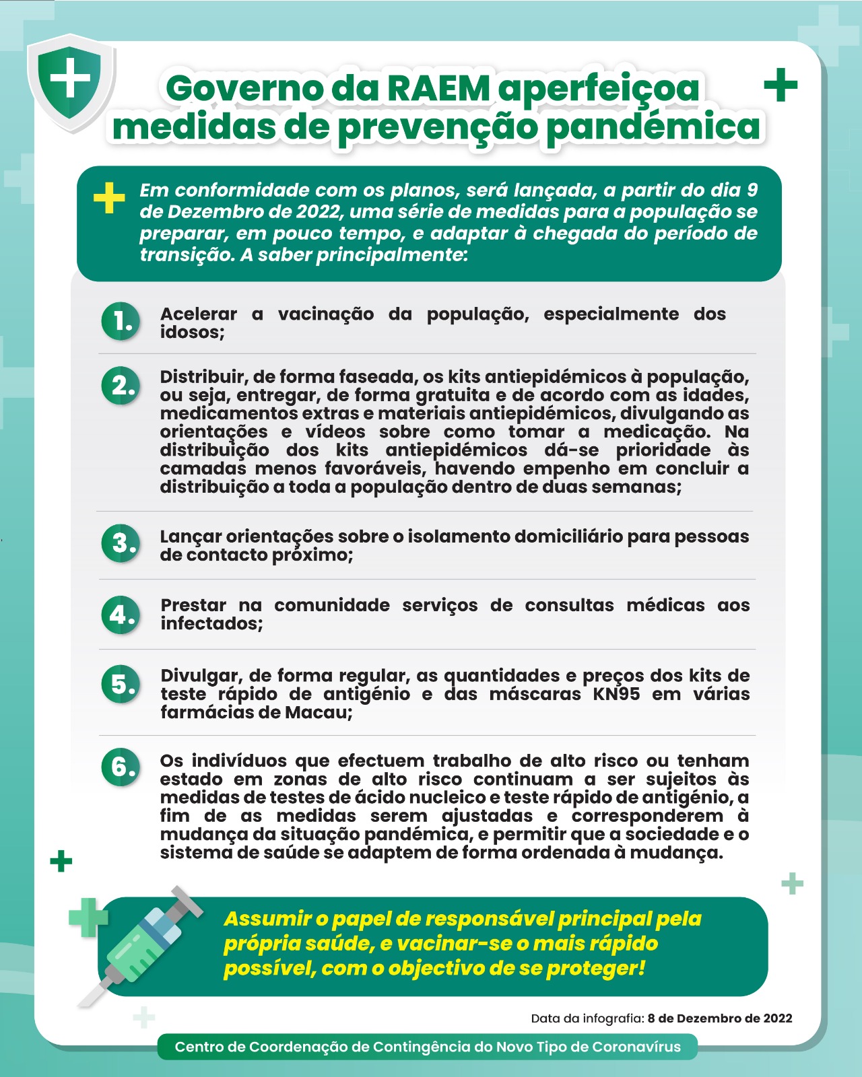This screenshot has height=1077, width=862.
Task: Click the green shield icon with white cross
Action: click(70, 81)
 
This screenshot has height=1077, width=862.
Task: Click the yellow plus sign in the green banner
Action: click(109, 198)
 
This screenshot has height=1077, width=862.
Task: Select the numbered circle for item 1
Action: click(121, 322)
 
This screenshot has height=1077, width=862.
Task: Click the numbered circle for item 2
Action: click(121, 386)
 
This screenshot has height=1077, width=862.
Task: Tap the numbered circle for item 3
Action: click(121, 543)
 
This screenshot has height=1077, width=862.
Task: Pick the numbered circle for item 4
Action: click(121, 615)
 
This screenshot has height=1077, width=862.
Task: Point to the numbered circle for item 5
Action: click(121, 685)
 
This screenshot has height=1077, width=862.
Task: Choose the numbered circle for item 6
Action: click(121, 767)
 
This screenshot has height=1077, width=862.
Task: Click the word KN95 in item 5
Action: click(616, 694)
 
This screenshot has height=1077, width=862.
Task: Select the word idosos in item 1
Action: click(191, 332)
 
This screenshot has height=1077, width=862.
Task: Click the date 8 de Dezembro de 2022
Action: click(720, 1018)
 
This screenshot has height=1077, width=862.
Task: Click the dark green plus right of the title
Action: click(781, 85)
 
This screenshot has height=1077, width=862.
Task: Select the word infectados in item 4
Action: click(211, 623)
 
